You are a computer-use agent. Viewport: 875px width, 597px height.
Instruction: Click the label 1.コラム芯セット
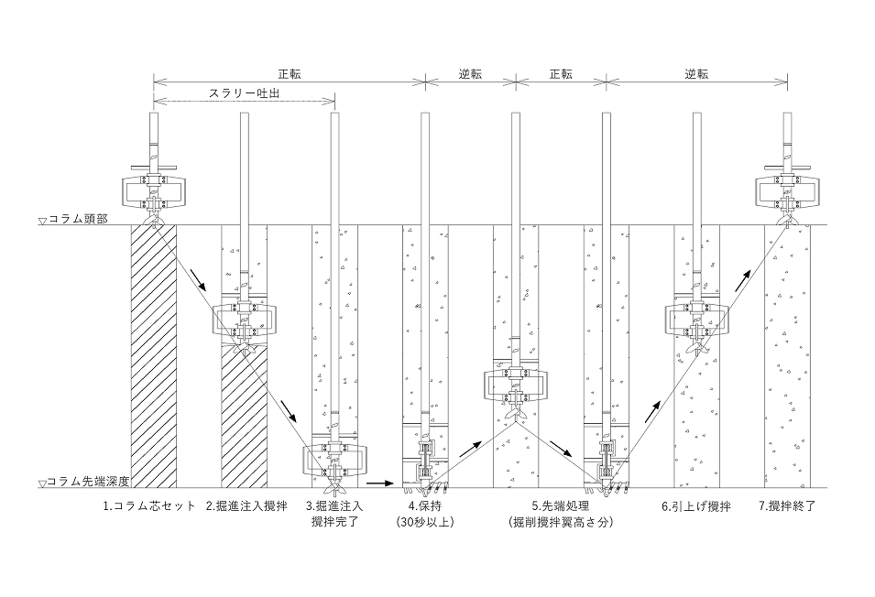point(149,506)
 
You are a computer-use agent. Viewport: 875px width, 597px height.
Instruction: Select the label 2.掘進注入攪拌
point(246,506)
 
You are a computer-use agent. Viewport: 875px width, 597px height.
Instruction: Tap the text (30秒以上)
point(425,522)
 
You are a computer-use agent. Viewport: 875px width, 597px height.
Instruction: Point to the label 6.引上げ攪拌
point(695,506)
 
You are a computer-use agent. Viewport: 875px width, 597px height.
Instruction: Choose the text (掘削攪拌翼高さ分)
point(561,522)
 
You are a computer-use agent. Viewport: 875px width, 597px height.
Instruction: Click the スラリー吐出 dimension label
point(244,93)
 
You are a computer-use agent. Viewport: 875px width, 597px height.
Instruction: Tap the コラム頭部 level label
point(78,219)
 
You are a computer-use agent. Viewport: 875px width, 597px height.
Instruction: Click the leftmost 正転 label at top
point(289,73)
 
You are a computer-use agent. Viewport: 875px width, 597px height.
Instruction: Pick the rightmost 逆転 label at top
point(696,73)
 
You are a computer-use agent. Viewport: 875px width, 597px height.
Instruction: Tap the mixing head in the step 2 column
point(244,322)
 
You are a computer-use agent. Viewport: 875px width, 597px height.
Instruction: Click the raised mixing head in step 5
point(516,386)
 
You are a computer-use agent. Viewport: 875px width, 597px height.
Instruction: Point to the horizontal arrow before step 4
point(380,483)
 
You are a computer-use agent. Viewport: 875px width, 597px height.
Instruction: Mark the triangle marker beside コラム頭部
point(42,221)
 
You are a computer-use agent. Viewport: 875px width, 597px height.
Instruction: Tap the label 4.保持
point(425,506)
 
